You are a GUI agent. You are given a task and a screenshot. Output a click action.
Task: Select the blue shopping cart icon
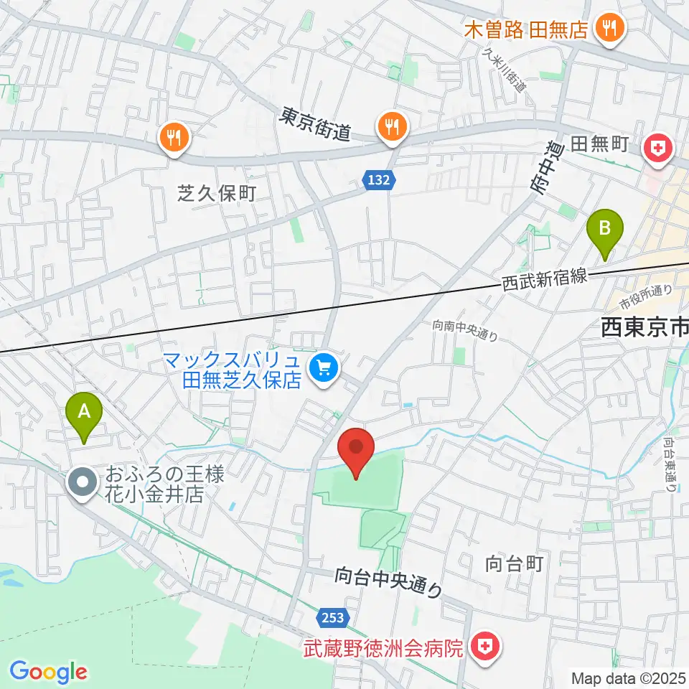(x=324, y=369)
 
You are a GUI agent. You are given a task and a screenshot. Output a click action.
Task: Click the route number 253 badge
(x=332, y=617)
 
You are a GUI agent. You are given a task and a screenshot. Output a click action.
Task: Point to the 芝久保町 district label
(x=216, y=192)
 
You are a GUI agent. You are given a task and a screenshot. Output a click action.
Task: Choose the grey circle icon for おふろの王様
(x=83, y=482)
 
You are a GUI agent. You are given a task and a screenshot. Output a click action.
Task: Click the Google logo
(x=48, y=672)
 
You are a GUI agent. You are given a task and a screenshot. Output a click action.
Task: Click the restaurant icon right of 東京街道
(x=392, y=126)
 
